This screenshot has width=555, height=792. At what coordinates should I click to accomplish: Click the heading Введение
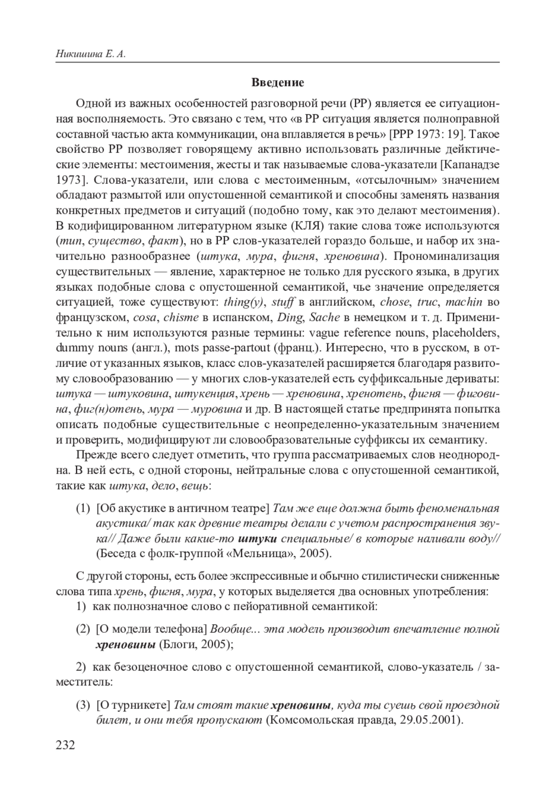277,83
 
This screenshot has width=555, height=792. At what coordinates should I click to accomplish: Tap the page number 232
65,745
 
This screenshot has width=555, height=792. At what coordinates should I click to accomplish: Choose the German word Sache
325,318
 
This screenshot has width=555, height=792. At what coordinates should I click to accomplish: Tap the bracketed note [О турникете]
134,705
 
